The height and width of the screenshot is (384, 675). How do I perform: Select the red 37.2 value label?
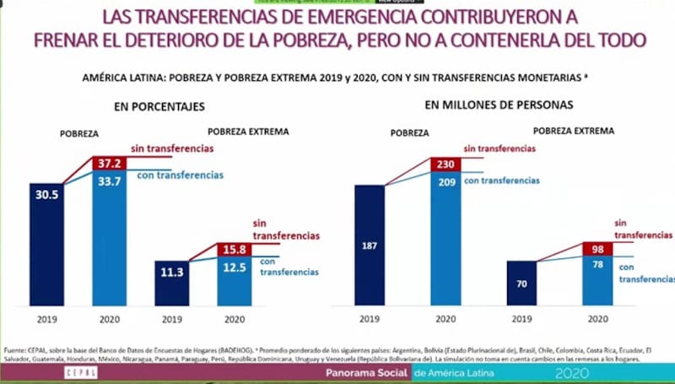point(109,163)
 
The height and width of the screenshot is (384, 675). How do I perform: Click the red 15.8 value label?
point(234,250)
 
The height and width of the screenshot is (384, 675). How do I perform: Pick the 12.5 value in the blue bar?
point(234,268)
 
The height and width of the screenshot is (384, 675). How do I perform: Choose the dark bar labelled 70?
point(522,284)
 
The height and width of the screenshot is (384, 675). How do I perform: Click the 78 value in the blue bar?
point(598,265)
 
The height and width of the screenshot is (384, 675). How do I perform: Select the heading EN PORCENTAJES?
point(159,106)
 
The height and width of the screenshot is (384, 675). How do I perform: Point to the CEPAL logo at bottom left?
point(80,372)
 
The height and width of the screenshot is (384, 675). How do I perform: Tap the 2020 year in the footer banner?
point(573,372)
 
